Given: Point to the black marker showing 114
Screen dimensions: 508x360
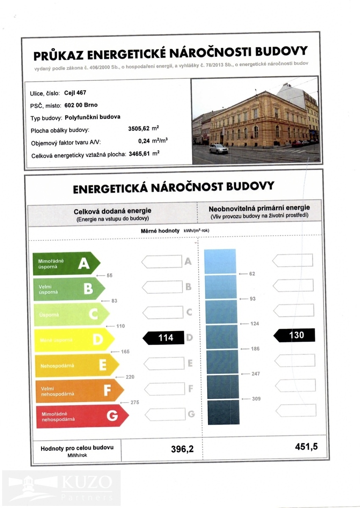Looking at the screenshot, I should [x=163, y=338].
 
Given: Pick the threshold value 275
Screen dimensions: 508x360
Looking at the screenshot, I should [x=135, y=402].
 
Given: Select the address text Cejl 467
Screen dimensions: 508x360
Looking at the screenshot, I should [x=75, y=93].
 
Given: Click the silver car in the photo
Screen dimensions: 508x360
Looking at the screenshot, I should [x=219, y=149].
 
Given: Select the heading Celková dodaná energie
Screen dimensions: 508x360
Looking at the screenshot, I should [x=112, y=211].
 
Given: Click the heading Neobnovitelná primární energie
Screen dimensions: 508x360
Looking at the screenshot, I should [x=259, y=208].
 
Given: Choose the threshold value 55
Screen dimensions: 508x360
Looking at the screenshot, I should [x=109, y=276].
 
